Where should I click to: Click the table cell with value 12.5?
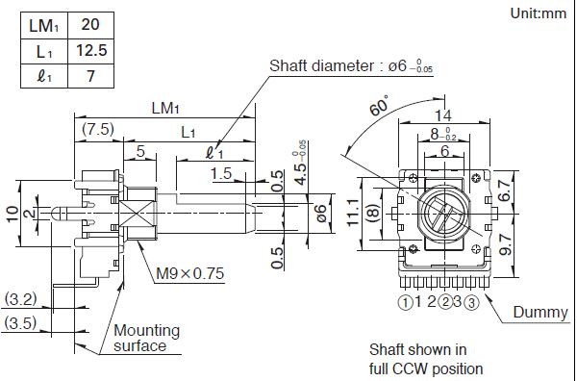pyautogui.click(x=91, y=51)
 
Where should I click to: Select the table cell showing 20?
pyautogui.click(x=91, y=25)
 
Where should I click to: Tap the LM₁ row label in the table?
pyautogui.click(x=44, y=25)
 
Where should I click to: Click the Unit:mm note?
pyautogui.click(x=538, y=13)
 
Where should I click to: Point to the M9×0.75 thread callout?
pyautogui.click(x=189, y=273)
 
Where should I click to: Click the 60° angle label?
pyautogui.click(x=379, y=106)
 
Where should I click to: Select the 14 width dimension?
pyautogui.click(x=443, y=115)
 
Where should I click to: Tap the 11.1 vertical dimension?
pyautogui.click(x=353, y=212)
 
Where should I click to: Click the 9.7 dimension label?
pyautogui.click(x=506, y=244)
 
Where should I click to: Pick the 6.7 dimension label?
pyautogui.click(x=505, y=191)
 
